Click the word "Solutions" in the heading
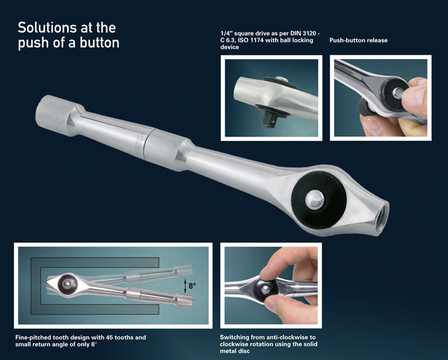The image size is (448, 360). pos(47,28)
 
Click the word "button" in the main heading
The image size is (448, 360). pos(99,43)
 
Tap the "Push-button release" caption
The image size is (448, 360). pos(358,40)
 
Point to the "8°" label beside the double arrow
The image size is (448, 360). pos(193,286)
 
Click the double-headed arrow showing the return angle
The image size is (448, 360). pos(185,286)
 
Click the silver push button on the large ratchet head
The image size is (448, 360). pos(315,200)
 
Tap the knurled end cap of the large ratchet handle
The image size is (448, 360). pos(53,115)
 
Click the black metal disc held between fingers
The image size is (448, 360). pos(266,290)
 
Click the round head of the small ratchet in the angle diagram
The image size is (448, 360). pos(68,283)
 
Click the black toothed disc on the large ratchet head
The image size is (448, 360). pos(318,199)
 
